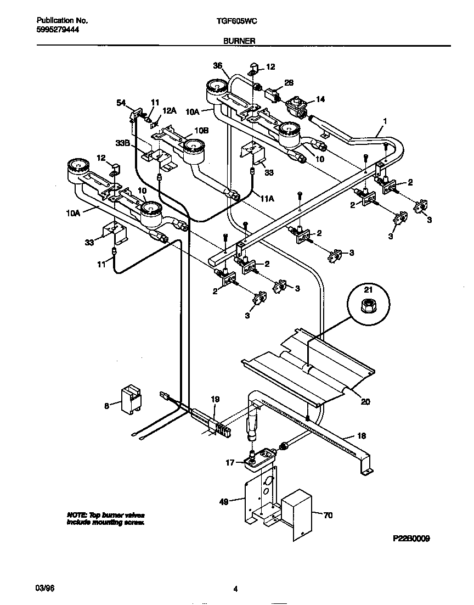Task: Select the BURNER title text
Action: (238, 41)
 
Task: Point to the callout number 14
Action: (320, 99)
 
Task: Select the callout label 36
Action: (217, 66)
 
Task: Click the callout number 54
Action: (121, 103)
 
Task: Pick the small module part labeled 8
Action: (131, 397)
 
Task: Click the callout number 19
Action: (215, 399)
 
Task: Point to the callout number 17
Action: (230, 463)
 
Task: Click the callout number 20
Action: (365, 401)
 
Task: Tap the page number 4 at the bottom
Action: (235, 590)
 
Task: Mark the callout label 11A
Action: (267, 199)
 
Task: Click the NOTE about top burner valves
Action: (106, 519)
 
